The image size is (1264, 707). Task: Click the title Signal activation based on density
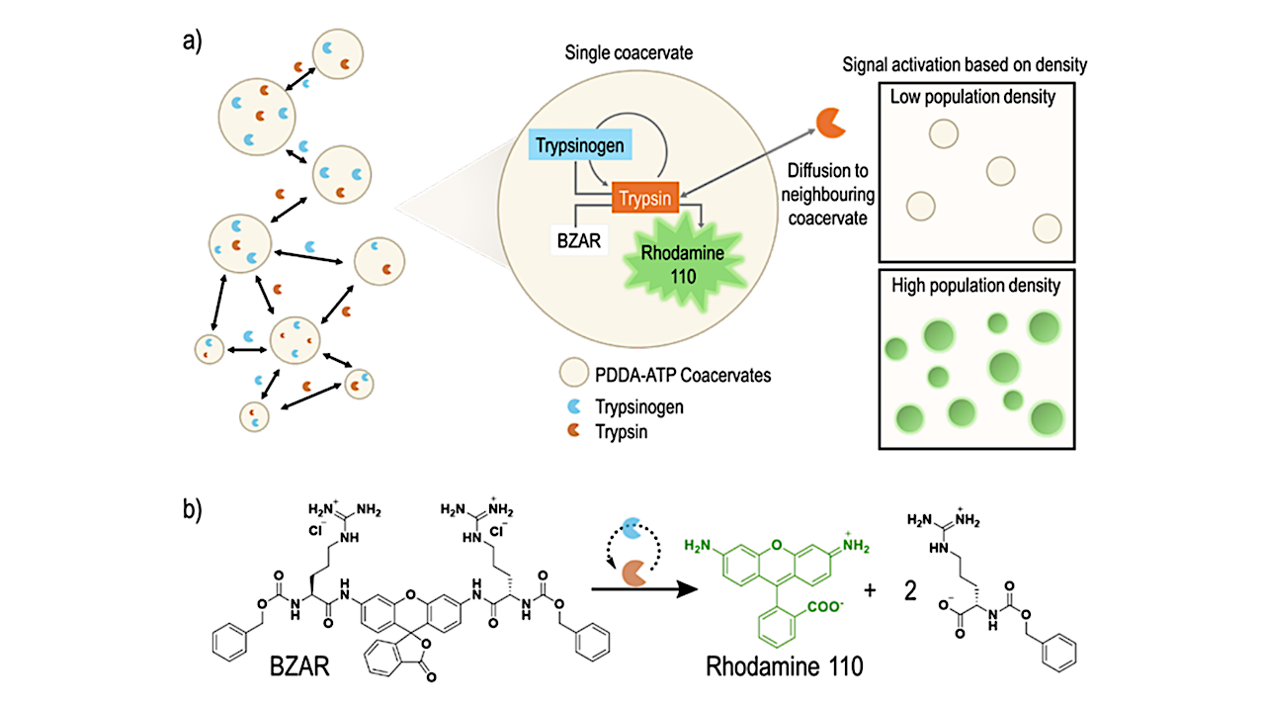click(964, 65)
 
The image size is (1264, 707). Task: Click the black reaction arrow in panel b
click(632, 587)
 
